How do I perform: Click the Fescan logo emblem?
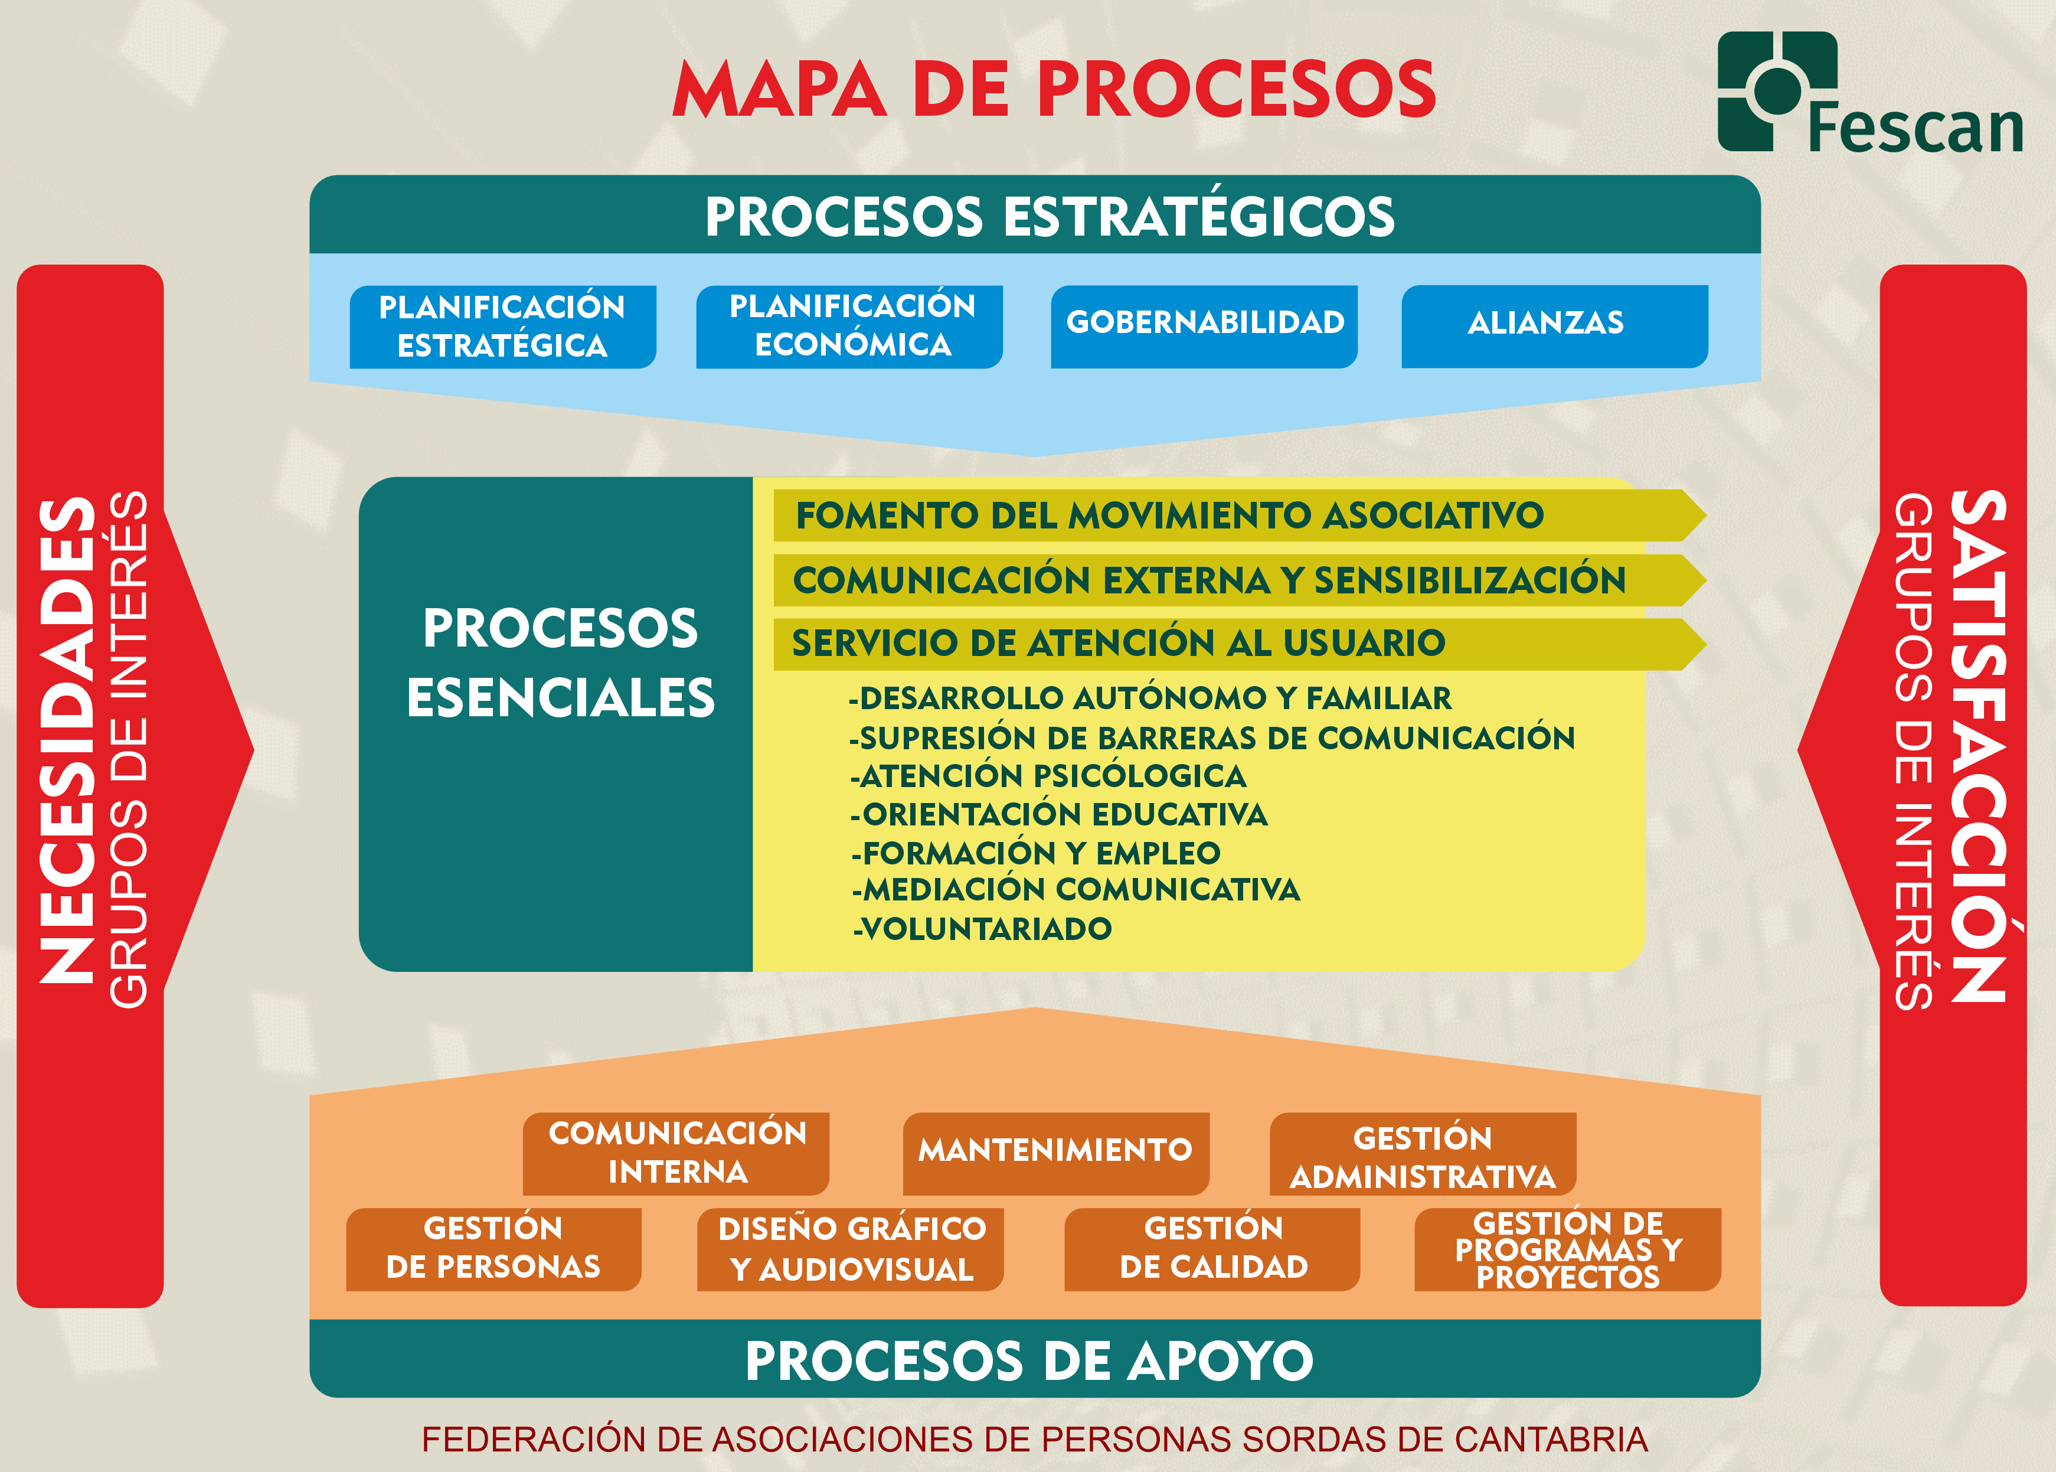1776,91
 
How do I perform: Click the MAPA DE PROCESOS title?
1054,89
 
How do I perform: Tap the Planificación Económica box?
849,327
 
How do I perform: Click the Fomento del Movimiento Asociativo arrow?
1169,515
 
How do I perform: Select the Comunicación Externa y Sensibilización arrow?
1209,580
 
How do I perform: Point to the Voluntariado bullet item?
983,929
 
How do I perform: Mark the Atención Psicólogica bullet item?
1050,776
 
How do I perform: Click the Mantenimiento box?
1055,1152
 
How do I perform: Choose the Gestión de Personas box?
494,1248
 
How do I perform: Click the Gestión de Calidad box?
1212,1248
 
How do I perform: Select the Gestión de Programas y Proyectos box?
1568,1249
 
